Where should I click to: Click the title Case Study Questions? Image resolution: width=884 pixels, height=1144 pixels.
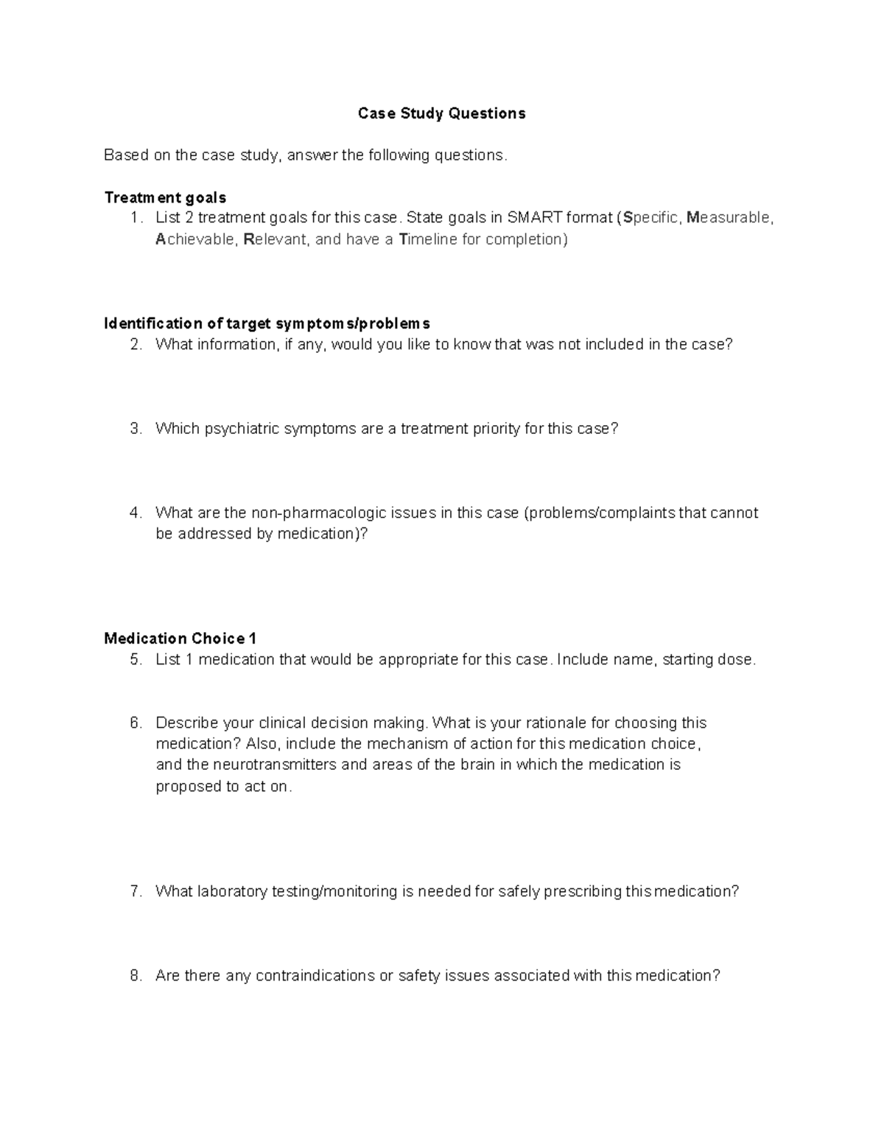[x=441, y=113]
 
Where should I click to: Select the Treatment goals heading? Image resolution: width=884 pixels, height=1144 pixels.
[x=165, y=197]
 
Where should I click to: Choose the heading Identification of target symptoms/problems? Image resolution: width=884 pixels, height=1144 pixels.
[x=267, y=323]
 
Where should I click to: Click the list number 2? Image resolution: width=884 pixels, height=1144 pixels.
[x=135, y=345]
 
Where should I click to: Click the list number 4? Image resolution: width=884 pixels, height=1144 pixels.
[x=135, y=513]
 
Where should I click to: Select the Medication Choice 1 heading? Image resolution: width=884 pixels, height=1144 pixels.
[x=180, y=638]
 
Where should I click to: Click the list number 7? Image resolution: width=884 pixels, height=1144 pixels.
[x=135, y=891]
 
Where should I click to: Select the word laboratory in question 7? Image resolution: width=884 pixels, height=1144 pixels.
[x=231, y=891]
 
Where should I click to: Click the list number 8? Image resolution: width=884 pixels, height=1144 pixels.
[x=135, y=975]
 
